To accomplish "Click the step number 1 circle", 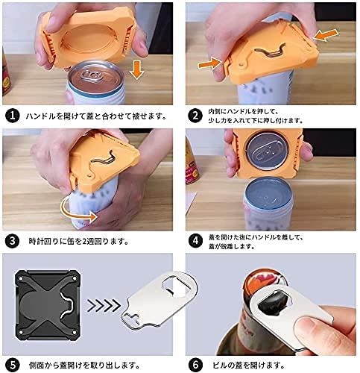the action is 13,116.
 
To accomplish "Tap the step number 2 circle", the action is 195,116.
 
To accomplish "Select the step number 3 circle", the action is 13,241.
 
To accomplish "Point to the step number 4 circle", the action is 195,241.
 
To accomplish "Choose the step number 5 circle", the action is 13,365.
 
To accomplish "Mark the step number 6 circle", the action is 195,365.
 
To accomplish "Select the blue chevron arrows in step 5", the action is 103,306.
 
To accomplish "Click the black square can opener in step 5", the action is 48,305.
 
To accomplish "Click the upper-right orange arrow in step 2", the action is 326,35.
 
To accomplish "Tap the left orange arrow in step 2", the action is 209,63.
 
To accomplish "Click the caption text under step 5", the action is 83,366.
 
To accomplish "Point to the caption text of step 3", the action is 78,241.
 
